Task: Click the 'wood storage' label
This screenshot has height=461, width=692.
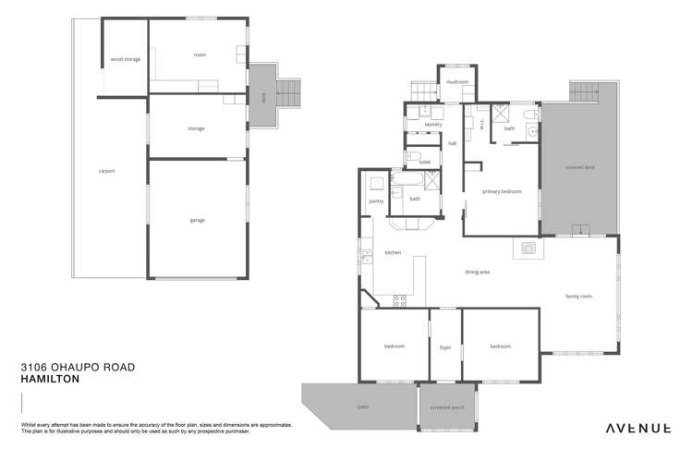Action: [x=125, y=59]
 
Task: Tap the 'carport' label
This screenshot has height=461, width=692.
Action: [x=106, y=171]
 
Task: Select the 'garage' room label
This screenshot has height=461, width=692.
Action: [x=198, y=220]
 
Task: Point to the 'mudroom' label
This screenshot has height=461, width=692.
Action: [x=456, y=82]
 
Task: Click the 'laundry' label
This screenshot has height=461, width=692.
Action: [x=432, y=124]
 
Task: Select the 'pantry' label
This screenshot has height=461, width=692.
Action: [x=375, y=200]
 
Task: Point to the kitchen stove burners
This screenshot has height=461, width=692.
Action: [x=401, y=298]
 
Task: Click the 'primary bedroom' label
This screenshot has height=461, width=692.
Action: [x=502, y=191]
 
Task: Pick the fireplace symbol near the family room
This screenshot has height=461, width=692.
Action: [x=529, y=248]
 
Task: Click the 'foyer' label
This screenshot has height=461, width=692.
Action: [x=444, y=347]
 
